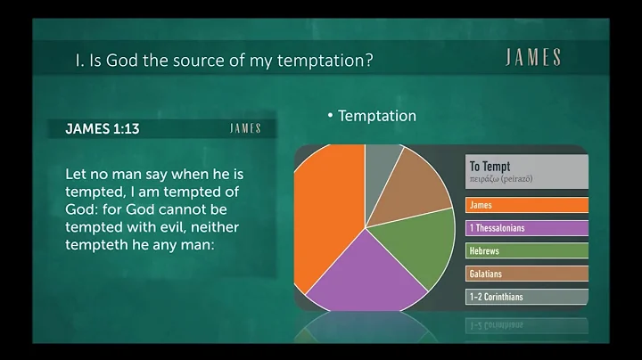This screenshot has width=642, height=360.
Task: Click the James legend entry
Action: coord(526,205)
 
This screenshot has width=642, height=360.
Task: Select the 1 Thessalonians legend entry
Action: coord(526,228)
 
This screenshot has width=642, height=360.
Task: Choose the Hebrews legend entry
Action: coord(526,251)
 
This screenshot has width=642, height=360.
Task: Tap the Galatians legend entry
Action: coord(526,274)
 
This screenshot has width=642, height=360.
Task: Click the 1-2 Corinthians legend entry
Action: coord(526,298)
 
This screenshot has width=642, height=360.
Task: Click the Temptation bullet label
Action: coord(377,116)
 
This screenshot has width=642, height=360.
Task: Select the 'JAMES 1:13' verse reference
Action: coord(102,129)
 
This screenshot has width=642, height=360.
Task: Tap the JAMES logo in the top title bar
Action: coord(532,59)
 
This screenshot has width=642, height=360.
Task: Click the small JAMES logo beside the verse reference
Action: coord(245,129)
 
